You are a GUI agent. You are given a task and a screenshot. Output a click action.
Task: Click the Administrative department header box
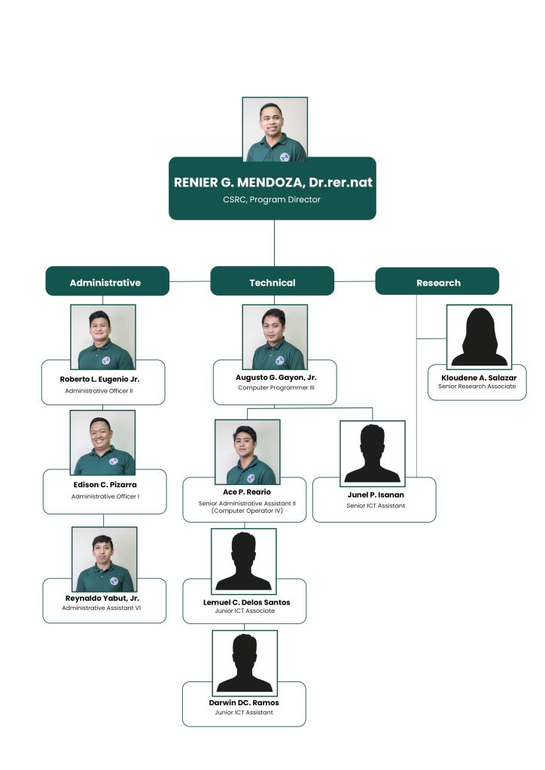[105, 283]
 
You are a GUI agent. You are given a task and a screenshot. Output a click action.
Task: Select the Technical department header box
[272, 283]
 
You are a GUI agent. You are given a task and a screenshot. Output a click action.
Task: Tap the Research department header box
[437, 283]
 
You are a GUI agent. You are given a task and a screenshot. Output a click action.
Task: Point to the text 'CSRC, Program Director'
[272, 200]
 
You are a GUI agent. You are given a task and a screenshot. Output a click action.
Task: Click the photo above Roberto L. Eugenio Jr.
[103, 337]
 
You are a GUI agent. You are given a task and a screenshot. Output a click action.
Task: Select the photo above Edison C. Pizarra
[103, 443]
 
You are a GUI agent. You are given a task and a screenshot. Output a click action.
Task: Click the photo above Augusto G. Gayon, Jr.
[274, 337]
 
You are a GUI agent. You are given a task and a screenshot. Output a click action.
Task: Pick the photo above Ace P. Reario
[247, 452]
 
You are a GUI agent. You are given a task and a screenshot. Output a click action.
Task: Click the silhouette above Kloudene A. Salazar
[479, 336]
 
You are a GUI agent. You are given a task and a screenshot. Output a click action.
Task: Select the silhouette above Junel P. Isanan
[372, 452]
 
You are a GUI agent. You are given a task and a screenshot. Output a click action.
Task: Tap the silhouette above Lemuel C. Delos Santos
[243, 561]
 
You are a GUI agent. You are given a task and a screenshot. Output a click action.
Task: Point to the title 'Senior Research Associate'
[477, 386]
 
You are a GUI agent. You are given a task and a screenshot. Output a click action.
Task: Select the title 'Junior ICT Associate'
[245, 611]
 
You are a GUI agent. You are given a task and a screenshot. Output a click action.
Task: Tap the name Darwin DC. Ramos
[244, 702]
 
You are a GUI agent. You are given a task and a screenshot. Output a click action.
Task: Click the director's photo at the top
[275, 129]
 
